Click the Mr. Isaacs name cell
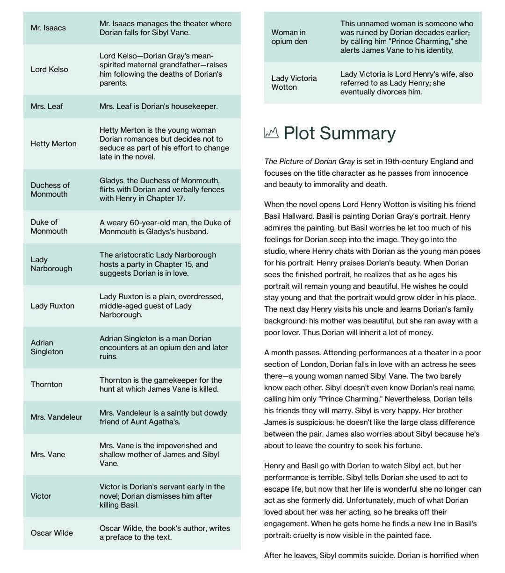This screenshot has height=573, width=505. coord(48,28)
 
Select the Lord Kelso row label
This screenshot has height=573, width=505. coord(49,70)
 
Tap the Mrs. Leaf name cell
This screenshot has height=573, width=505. coord(47,107)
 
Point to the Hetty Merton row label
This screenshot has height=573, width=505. coord(53,144)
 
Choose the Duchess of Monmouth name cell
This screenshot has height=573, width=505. coord(50,190)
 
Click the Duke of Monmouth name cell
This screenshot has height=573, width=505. coord(49,227)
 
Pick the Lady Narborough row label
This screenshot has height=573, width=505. coord(51,264)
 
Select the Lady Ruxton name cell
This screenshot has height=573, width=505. coord(52,306)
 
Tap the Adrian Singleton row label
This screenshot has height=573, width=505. coord(47,347)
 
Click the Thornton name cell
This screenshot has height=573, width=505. coord(46,385)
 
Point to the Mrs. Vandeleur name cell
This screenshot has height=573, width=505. coord(56,417)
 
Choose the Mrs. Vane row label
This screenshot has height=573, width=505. coord(48,455)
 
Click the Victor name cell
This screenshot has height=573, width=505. coord(41,496)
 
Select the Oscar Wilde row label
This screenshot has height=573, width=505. coord(51,533)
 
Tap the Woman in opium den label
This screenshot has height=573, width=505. coord(289,37)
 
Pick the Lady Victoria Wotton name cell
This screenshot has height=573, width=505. coord(294,83)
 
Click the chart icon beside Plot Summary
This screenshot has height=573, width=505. coord(271,133)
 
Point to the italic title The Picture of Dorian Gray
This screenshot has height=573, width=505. coord(309,162)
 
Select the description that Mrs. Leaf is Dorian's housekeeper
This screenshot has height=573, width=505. coord(159,107)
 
